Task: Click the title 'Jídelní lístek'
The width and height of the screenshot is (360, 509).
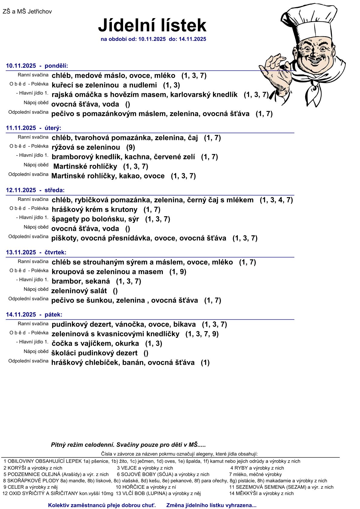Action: click(x=152, y=25)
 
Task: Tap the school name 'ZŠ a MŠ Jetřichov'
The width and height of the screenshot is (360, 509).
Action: click(x=27, y=11)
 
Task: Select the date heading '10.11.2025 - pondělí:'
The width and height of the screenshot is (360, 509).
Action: click(x=37, y=66)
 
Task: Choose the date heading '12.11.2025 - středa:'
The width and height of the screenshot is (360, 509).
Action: click(x=35, y=190)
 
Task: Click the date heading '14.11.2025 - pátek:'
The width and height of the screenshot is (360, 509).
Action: click(x=34, y=315)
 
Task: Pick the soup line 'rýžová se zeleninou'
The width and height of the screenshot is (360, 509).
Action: click(x=86, y=148)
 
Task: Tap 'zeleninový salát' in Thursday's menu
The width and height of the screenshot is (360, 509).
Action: click(x=79, y=291)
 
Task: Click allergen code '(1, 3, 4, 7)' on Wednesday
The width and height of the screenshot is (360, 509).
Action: click(x=276, y=200)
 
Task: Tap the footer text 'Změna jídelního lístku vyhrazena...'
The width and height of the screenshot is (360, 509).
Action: click(x=211, y=505)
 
